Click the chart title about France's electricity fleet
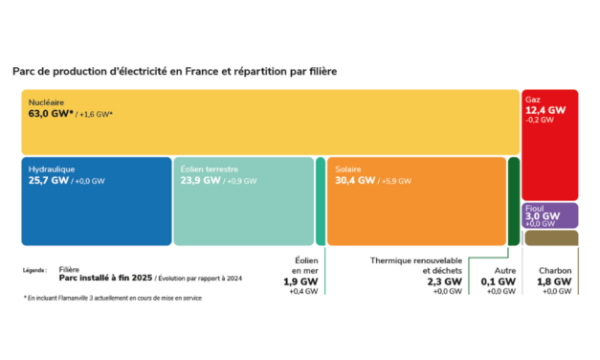coord(174,71)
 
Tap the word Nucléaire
coord(47,101)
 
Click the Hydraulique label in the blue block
coord(52,168)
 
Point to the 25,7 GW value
coord(49,180)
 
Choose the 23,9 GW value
coord(201,180)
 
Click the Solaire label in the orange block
coord(348,168)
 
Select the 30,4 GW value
coord(354,180)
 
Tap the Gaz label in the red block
coord(532,99)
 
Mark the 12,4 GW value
coord(545,110)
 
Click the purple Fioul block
coord(549,214)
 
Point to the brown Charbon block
coord(549,238)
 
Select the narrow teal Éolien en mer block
coord(321,201)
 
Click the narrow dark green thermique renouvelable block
coord(514,201)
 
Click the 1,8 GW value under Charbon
coord(555,282)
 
